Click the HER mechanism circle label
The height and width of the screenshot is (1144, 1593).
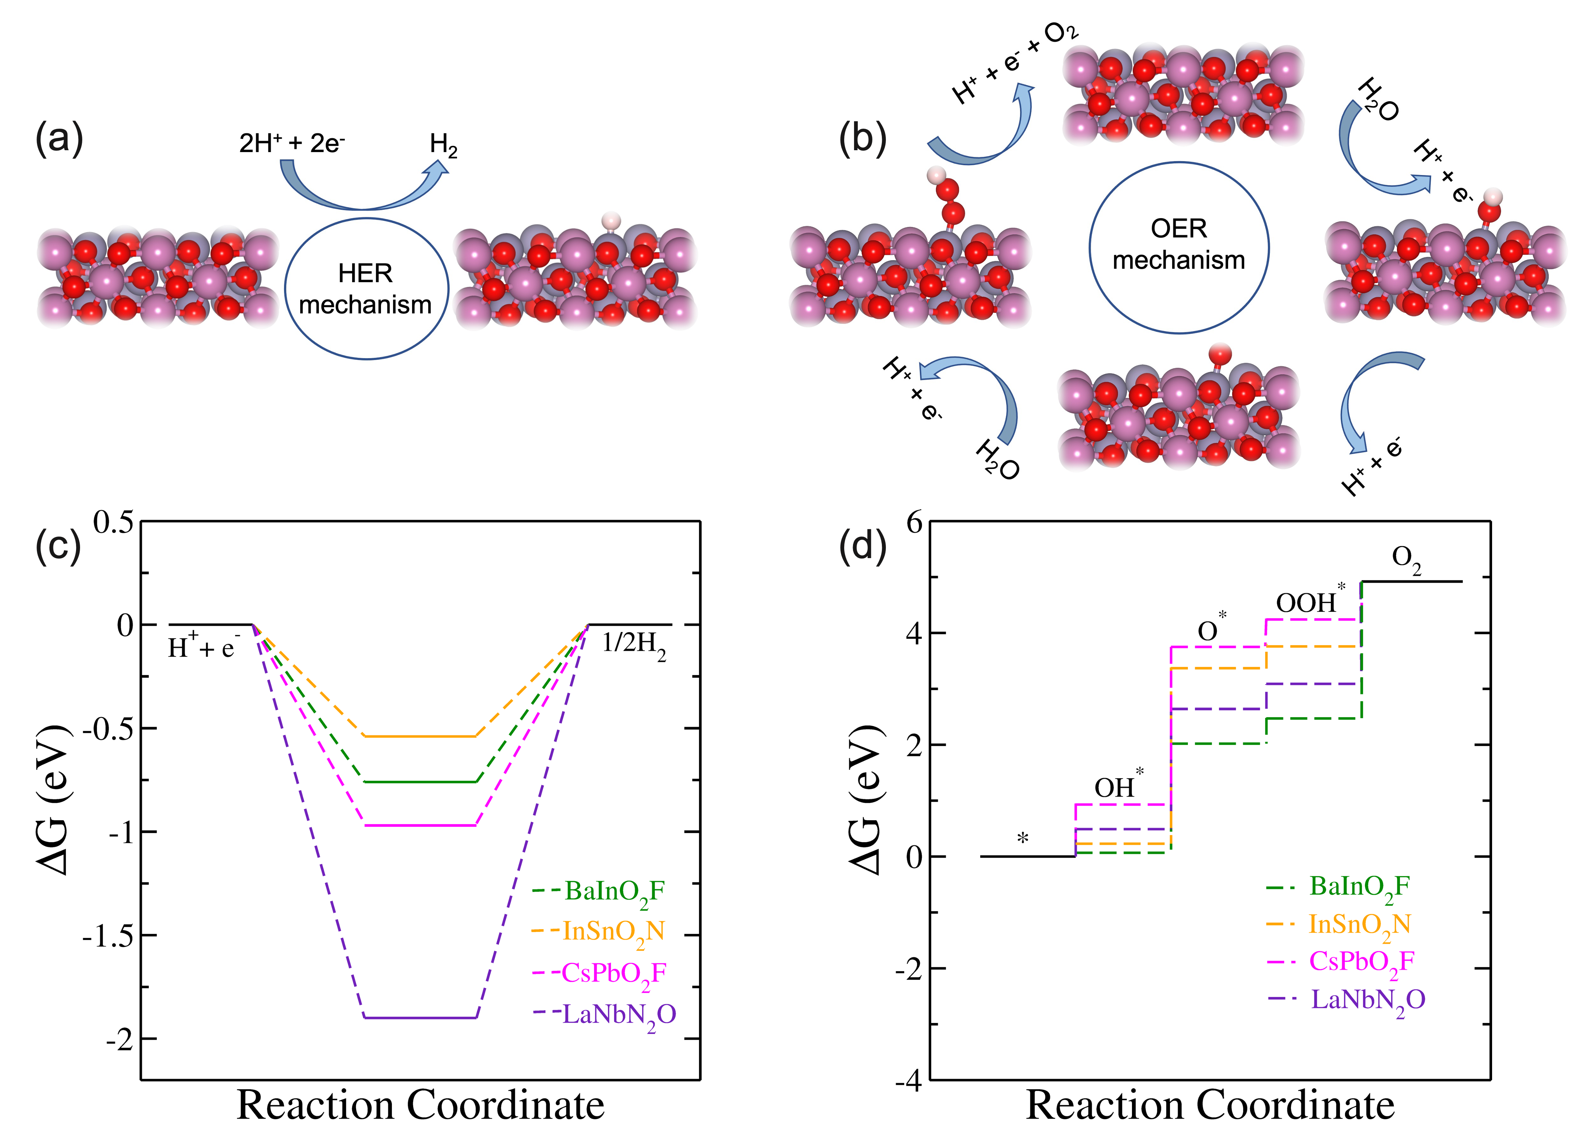tap(365, 289)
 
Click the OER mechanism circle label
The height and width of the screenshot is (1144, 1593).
tap(1179, 245)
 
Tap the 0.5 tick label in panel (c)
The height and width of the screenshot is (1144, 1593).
tap(114, 523)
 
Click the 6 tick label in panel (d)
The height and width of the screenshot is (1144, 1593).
tap(914, 523)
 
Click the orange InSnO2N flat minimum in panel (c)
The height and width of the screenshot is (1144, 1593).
tap(420, 736)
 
